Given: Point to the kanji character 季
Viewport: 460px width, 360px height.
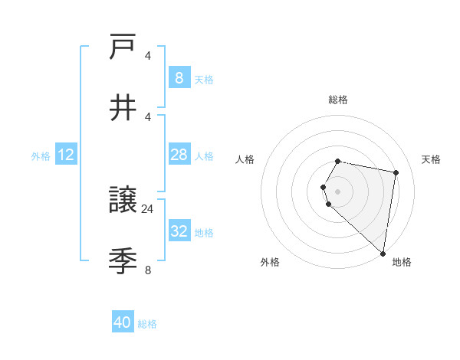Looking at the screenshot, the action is click(x=123, y=261).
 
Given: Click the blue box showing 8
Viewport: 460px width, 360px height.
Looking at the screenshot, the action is click(x=179, y=78).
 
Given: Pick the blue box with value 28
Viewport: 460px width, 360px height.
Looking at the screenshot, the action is click(x=179, y=155).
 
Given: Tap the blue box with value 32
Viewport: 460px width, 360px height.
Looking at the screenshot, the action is click(x=179, y=231).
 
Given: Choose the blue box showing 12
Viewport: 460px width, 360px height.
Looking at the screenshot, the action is click(x=66, y=155).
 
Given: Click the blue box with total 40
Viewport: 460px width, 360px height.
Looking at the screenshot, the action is click(x=123, y=322).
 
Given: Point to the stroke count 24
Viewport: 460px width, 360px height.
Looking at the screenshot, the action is click(x=148, y=208).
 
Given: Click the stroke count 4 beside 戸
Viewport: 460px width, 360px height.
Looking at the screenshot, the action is click(x=148, y=55).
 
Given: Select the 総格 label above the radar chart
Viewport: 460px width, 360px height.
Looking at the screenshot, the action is click(x=338, y=100).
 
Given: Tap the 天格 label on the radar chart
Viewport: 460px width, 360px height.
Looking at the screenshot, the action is click(x=431, y=159).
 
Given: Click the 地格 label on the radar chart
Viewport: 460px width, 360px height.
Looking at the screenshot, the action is click(x=402, y=262).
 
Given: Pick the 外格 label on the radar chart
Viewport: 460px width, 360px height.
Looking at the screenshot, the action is click(x=270, y=262).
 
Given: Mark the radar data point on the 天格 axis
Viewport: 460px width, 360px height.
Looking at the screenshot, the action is click(x=396, y=173).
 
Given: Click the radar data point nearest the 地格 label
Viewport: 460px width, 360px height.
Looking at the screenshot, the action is click(x=383, y=253).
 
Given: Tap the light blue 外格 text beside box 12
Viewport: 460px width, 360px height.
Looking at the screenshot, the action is click(x=41, y=155).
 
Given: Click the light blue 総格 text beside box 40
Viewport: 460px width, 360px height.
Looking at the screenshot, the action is click(x=147, y=324).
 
